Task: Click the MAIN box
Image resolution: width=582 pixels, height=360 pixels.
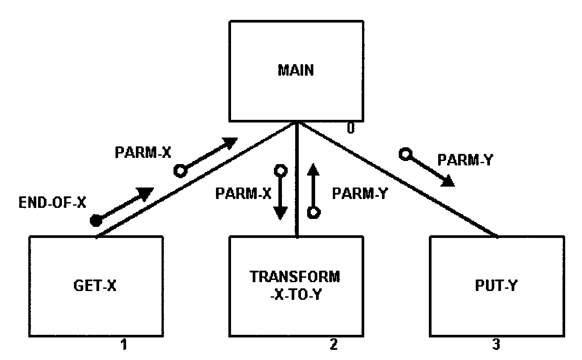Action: click(x=297, y=71)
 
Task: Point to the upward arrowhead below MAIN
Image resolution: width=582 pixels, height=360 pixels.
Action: click(x=313, y=169)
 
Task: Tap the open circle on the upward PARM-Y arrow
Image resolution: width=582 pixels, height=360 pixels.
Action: click(x=313, y=212)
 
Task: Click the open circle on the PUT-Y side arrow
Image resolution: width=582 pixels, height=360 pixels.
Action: click(x=405, y=154)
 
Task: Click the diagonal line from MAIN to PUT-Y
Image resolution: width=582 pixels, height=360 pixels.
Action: click(x=398, y=181)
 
